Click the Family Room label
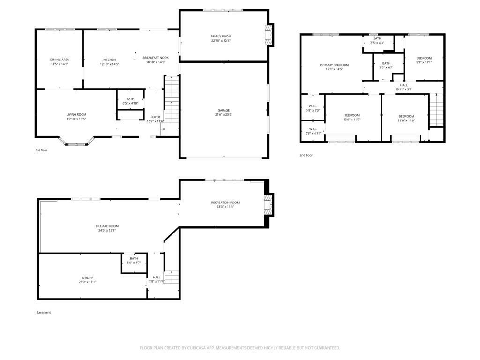click(x=221, y=37)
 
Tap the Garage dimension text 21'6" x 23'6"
click(x=224, y=115)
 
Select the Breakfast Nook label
click(x=156, y=58)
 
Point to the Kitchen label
click(x=110, y=60)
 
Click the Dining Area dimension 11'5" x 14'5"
click(x=60, y=64)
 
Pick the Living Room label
click(x=76, y=114)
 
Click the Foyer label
click(x=155, y=117)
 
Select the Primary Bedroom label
click(x=334, y=65)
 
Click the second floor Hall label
click(x=404, y=85)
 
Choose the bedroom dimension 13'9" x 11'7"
click(x=352, y=120)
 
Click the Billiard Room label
click(x=107, y=226)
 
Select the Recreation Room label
click(x=225, y=202)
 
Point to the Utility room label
click(x=88, y=277)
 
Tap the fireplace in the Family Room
click(x=269, y=35)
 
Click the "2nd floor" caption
click(x=306, y=155)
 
